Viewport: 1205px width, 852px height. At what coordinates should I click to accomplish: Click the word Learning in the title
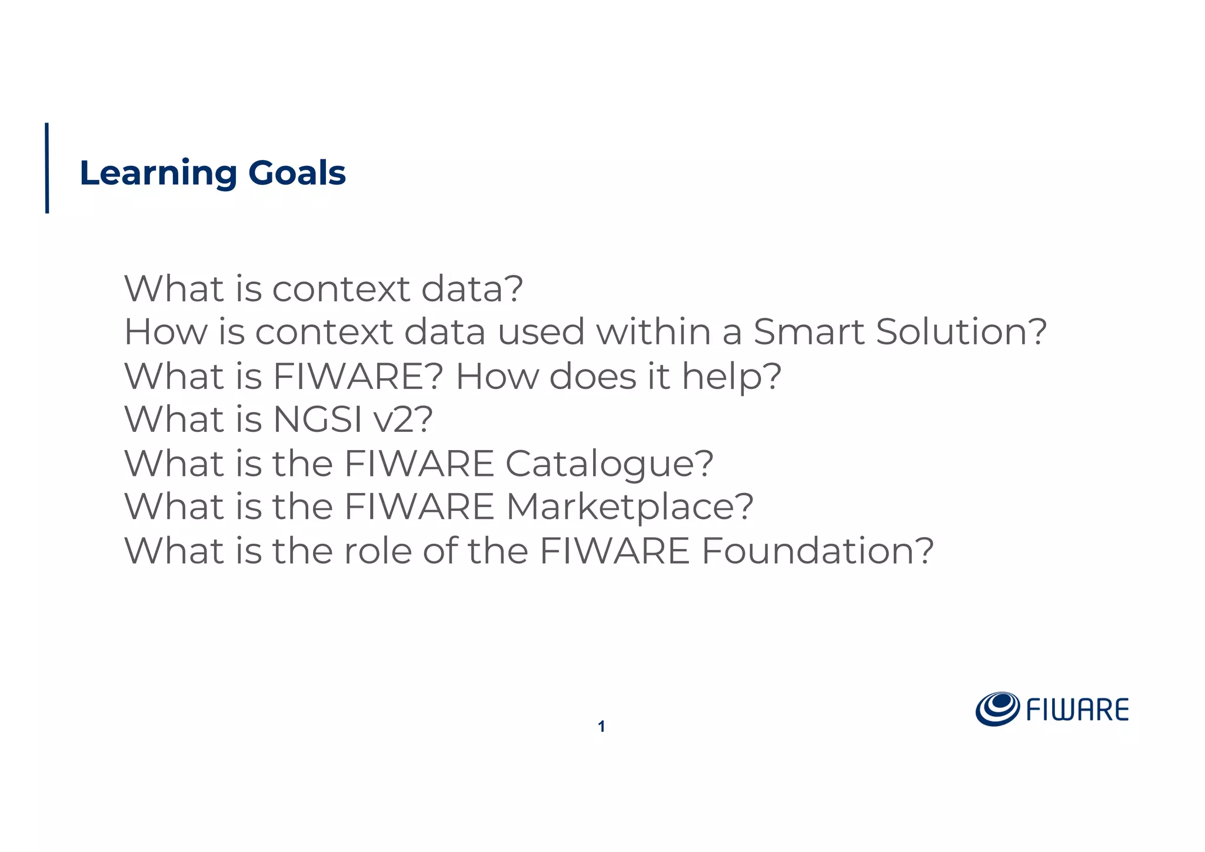point(158,174)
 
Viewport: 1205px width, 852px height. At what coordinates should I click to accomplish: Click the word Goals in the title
point(297,174)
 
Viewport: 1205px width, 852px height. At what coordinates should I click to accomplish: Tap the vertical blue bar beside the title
point(47,168)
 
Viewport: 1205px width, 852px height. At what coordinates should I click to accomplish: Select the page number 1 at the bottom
point(601,727)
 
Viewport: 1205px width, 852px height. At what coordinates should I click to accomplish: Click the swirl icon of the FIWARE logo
point(997,709)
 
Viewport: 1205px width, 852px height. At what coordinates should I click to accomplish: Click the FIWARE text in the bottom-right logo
point(1077,710)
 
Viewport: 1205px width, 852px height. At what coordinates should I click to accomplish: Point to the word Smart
point(808,332)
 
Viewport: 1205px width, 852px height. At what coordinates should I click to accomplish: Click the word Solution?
point(961,332)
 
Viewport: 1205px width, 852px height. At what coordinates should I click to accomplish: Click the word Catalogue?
point(610,464)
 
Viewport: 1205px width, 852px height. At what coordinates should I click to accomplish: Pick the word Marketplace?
point(630,507)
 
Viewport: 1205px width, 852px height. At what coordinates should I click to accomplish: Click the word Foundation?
point(818,551)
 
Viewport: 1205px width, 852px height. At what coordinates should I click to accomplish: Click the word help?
point(731,377)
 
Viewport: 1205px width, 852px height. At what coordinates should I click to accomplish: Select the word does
point(592,377)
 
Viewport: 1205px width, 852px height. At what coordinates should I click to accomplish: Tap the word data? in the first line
point(472,289)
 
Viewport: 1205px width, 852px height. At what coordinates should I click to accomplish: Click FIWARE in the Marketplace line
point(419,507)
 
